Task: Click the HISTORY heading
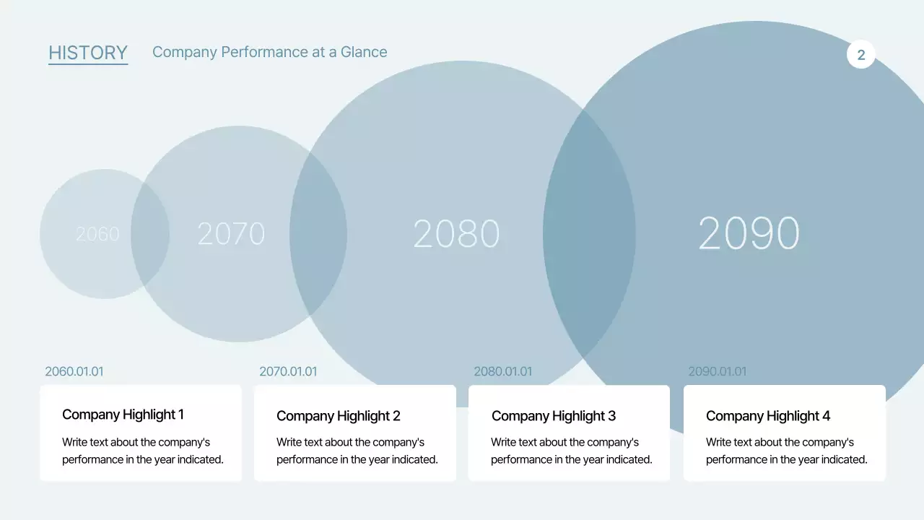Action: point(88,53)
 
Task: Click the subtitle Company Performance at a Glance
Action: point(269,52)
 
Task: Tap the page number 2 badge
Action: point(860,55)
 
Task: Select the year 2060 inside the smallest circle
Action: point(97,234)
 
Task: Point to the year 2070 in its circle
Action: point(231,234)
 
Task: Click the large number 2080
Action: point(456,234)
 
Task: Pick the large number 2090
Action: point(749,233)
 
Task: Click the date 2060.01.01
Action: point(74,371)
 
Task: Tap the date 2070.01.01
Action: point(288,371)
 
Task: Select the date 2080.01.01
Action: point(502,371)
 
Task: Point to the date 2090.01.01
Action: point(718,371)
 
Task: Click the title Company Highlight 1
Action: point(123,415)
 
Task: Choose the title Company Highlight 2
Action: point(338,416)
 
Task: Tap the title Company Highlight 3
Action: point(554,416)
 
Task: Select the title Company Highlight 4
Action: point(768,416)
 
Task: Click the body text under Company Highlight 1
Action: point(143,451)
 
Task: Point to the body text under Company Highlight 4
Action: point(787,451)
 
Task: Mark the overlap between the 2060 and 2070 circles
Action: point(150,234)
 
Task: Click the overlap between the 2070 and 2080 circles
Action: point(318,234)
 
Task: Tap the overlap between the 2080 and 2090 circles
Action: point(589,234)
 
